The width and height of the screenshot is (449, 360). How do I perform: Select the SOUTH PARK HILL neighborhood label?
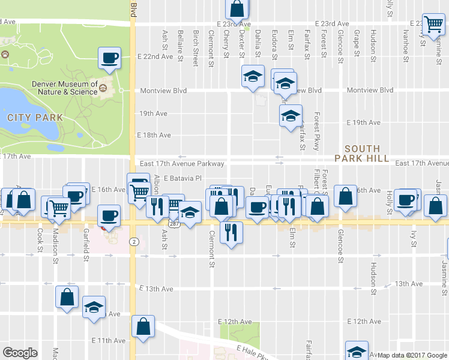pyautogui.click(x=362, y=154)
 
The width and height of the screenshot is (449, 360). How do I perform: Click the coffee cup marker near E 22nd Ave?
pyautogui.click(x=110, y=58)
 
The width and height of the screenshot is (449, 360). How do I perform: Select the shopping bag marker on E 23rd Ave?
pyautogui.click(x=237, y=9)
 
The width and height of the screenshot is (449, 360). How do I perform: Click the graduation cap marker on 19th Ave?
pyautogui.click(x=291, y=116)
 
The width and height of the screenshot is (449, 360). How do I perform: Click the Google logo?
pyautogui.click(x=20, y=353)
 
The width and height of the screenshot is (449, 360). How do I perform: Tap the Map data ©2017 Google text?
pyautogui.click(x=412, y=355)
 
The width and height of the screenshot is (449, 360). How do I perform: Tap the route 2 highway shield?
pyautogui.click(x=136, y=241)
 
